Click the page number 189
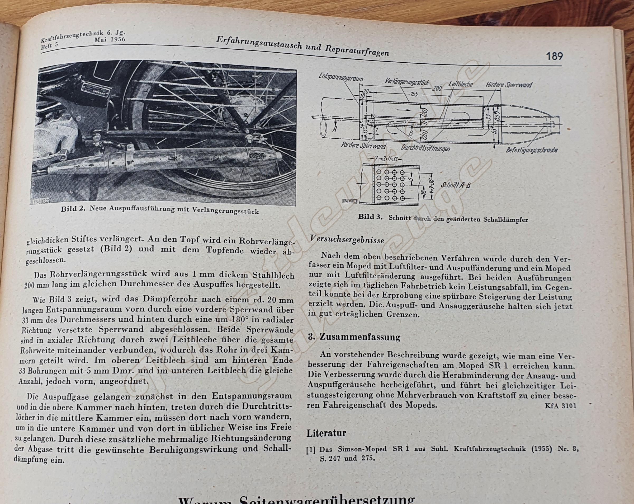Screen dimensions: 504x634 tap(554, 56)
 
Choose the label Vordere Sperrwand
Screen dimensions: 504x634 tap(363, 145)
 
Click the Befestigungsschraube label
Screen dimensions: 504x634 tap(532, 150)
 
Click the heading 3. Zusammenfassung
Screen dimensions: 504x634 tap(354, 337)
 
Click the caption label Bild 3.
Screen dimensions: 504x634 tap(371, 217)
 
